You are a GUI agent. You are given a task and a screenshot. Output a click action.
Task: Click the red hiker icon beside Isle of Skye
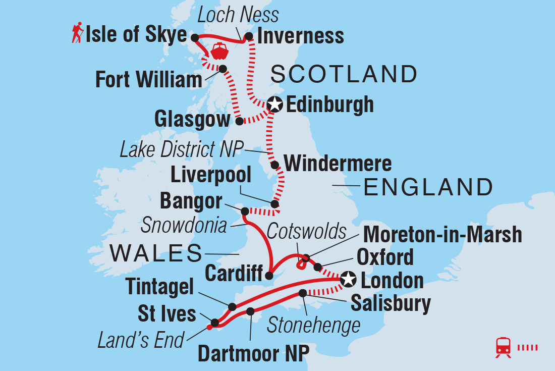coord(77,34)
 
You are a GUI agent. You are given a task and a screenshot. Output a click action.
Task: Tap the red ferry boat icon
coord(220,51)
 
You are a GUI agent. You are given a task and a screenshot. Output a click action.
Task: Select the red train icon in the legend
coord(503,347)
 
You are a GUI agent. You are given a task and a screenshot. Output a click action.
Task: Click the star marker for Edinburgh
coord(274,104)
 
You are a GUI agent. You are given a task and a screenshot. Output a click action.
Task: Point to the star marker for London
coord(348,279)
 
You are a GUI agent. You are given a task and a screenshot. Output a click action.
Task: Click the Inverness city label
coord(301,36)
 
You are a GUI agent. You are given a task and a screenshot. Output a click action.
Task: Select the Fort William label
coord(149,80)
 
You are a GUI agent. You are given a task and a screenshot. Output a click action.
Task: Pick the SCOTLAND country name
coord(344,74)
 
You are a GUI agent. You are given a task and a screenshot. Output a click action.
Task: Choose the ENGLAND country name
coord(428,187)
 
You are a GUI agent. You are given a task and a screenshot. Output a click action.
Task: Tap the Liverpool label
coord(211,176)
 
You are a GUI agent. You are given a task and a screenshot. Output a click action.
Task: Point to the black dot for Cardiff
coord(269,276)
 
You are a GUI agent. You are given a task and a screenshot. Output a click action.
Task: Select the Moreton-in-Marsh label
coord(442,235)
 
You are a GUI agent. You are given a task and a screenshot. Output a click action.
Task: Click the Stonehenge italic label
coord(313,326)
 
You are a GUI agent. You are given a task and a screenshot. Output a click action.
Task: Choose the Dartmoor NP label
coord(253,354)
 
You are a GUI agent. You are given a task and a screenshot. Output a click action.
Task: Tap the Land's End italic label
coord(141,340)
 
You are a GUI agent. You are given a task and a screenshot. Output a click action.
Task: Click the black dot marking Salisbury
coord(302,293)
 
